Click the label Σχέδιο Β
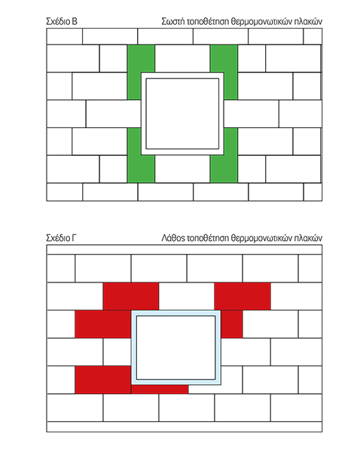pyautogui.click(x=62, y=21)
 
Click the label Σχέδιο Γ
pyautogui.click(x=62, y=238)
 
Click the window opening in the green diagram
pyautogui.click(x=182, y=114)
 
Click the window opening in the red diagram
pyautogui.click(x=175, y=347)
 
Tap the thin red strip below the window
pyautogui.click(x=160, y=389)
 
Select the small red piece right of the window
pyautogui.click(x=231, y=324)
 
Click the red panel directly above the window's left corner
pyautogui.click(x=130, y=296)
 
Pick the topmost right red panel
pyautogui.click(x=243, y=296)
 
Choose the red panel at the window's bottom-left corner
pyautogui.click(x=103, y=380)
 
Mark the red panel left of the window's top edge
pyautogui.click(x=103, y=324)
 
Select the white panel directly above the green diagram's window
pyautogui.click(x=182, y=59)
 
